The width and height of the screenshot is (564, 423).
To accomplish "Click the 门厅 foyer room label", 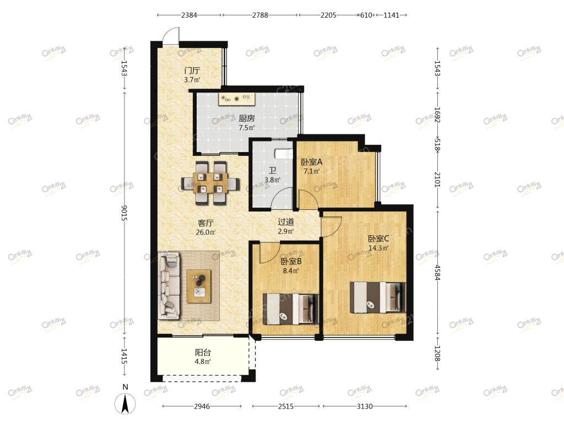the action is click(192, 70).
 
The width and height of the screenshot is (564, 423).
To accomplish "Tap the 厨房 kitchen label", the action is click(247, 118).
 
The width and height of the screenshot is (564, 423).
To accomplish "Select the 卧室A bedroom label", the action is click(312, 162).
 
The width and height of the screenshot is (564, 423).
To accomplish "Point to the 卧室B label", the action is click(291, 262).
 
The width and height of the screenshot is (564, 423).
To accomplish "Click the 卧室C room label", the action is click(378, 238).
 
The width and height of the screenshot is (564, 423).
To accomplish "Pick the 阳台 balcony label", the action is click(203, 352).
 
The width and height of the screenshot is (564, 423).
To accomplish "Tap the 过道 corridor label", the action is click(286, 223).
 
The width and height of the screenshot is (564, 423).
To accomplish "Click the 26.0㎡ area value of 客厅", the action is click(205, 232).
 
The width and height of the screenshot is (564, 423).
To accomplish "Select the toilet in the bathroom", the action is click(285, 154).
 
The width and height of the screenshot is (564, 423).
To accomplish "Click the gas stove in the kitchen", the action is click(236, 99).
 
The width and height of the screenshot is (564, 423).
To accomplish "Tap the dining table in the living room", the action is click(210, 183).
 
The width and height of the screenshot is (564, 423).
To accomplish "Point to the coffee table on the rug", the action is click(199, 286).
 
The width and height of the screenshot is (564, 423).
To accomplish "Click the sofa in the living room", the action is click(169, 286).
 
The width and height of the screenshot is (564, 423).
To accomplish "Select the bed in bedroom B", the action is click(291, 309).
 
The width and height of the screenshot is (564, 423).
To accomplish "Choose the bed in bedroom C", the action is click(378, 297).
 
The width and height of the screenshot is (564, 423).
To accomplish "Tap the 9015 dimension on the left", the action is click(124, 213).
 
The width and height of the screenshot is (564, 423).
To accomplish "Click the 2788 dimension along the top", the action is click(260, 15).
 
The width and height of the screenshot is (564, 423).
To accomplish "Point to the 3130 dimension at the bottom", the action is click(365, 406).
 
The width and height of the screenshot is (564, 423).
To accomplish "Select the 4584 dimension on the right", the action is click(437, 272).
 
